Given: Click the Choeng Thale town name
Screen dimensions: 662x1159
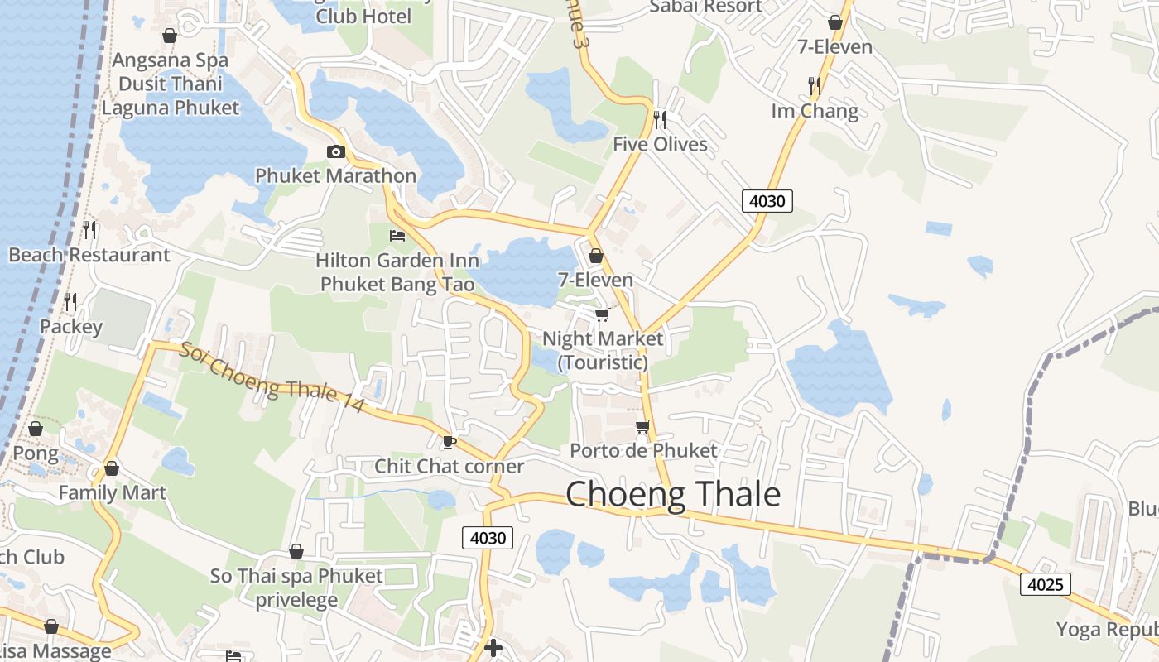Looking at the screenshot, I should coord(673,494).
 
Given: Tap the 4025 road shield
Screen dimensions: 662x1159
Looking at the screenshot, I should coord(1045,584).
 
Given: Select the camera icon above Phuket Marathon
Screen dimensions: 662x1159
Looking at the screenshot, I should coord(335,151).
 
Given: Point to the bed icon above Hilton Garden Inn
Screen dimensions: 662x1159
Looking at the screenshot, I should coord(397,236).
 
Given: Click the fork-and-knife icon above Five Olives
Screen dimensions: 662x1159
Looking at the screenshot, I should coord(660,120).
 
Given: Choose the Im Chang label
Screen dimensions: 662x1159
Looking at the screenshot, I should coord(815,111).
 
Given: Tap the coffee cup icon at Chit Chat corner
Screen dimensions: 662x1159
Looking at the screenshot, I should coord(450,443).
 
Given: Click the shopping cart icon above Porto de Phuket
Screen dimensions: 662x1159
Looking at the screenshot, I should coord(642,427).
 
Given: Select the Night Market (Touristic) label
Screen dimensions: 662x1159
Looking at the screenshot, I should coord(603,350).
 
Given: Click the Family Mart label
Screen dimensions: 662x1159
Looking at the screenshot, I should coord(112,492).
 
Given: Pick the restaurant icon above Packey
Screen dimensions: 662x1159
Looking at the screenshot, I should coord(70,302).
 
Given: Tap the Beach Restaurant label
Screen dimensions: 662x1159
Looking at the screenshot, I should coord(89,255).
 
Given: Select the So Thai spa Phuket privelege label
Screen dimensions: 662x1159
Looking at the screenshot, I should coord(296,588).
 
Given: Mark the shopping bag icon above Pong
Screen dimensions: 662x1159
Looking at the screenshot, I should coord(36,429).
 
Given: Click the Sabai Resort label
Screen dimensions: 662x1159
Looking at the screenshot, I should coord(706,7).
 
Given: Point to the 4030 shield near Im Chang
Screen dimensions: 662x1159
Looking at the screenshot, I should coord(767,200).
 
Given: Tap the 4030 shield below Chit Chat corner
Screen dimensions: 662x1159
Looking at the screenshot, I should coord(488,538).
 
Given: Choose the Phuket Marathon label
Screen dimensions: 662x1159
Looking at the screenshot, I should coord(335,175).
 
